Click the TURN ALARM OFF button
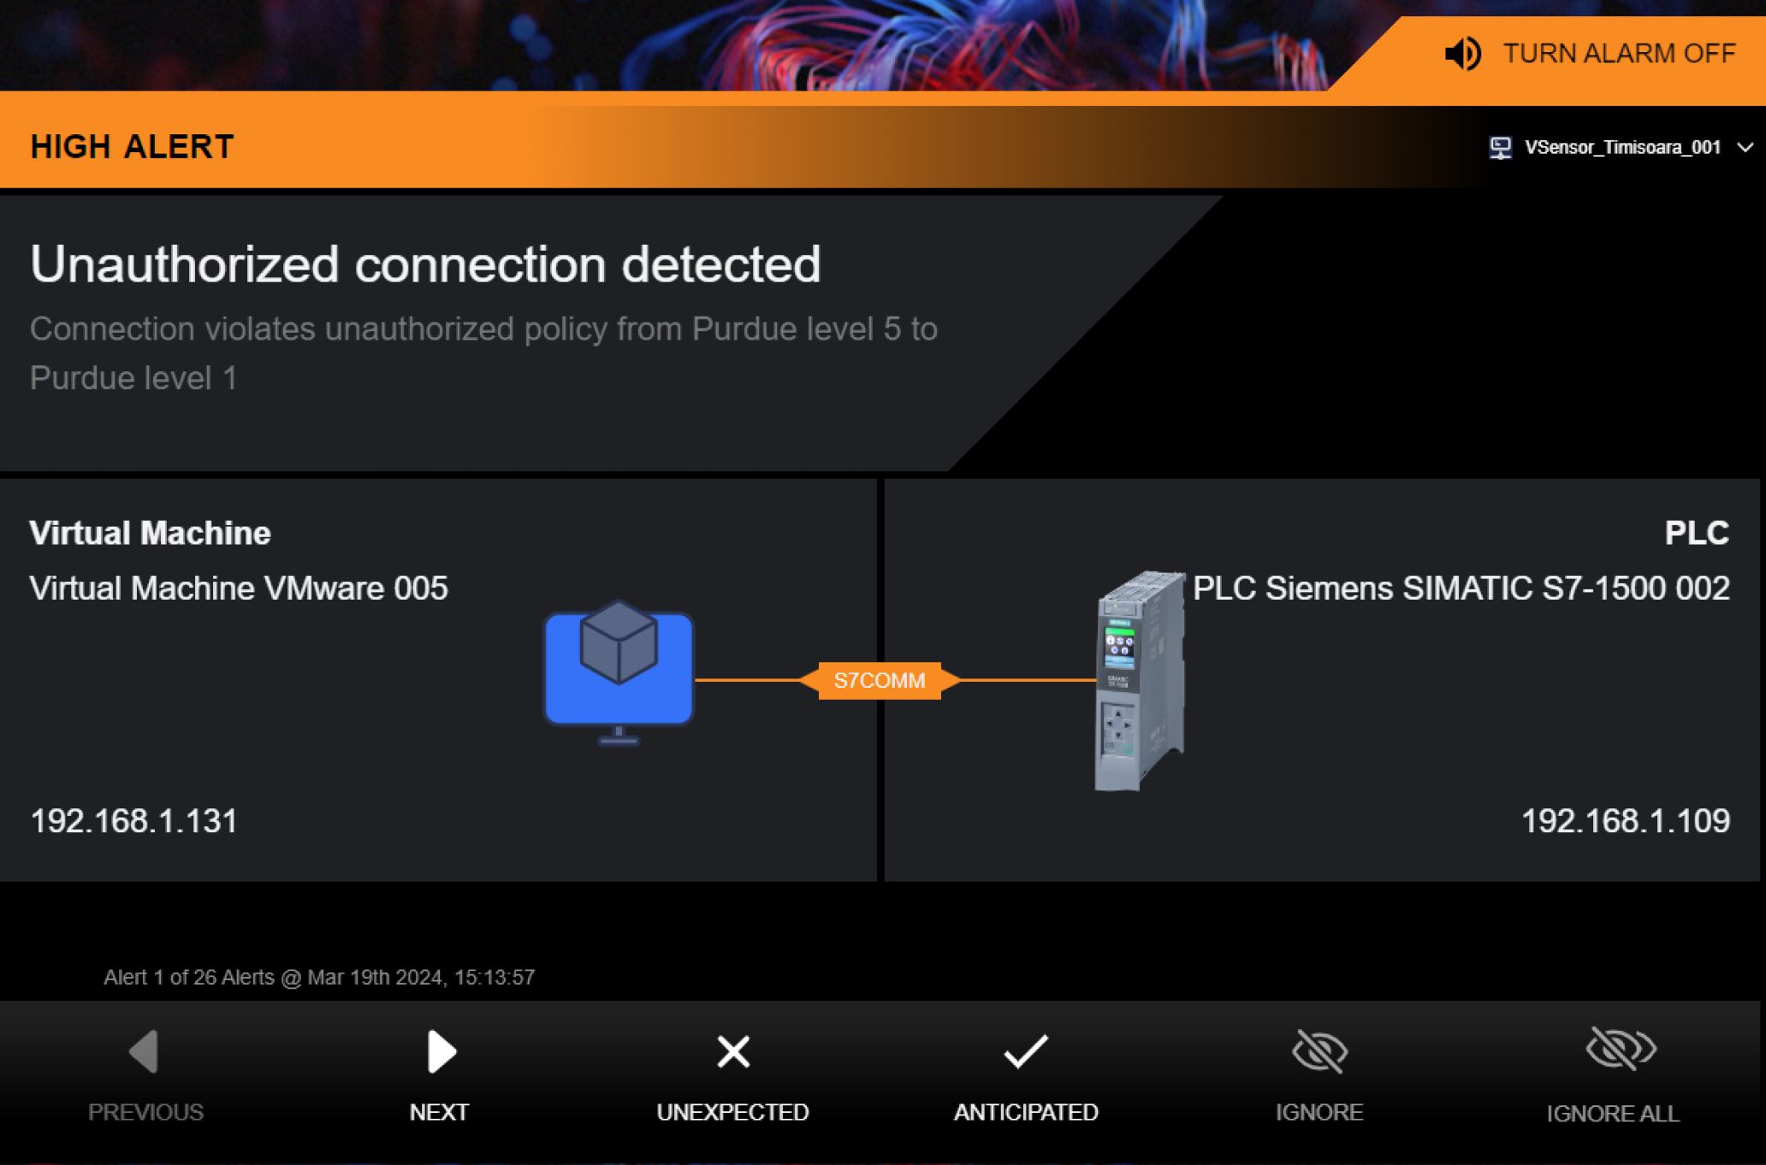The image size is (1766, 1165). pos(1590,53)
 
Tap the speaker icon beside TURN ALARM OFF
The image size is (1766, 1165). pos(1462,54)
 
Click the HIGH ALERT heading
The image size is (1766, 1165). pos(132,147)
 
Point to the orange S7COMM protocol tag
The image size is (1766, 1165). pos(880,681)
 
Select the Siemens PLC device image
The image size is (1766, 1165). pos(1140,681)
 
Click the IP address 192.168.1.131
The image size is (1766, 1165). pos(133,821)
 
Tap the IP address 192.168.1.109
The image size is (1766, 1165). pos(1626,821)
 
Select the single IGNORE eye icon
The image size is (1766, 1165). pos(1319,1051)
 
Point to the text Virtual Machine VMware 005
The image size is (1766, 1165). pos(239,588)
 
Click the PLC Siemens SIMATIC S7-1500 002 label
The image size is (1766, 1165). pos(1461,588)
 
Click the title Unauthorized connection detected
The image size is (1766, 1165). pos(425,263)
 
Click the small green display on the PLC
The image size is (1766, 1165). pos(1119,647)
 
